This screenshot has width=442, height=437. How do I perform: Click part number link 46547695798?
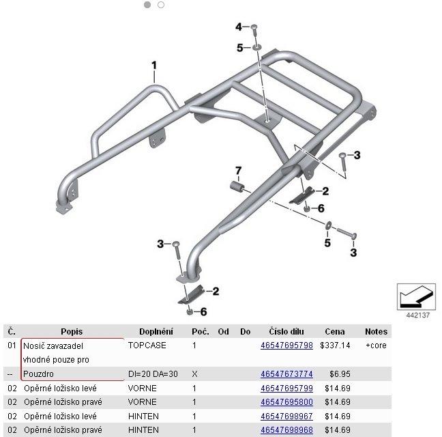[x=286, y=346]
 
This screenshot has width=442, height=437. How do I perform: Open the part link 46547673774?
[x=286, y=374]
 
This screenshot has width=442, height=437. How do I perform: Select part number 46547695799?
[x=286, y=388]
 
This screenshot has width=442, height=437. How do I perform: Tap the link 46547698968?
[x=286, y=430]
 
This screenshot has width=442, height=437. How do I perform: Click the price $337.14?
[x=334, y=346]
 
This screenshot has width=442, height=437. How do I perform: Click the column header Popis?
[x=71, y=332]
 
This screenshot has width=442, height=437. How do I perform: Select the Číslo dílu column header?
[x=286, y=332]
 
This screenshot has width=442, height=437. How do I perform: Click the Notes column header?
[x=376, y=332]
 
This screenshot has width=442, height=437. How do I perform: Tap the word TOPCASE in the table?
[x=147, y=346]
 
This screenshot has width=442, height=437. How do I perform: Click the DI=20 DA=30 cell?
[x=153, y=374]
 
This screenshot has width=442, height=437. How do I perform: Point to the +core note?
[x=376, y=346]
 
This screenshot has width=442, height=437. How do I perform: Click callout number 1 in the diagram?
[x=154, y=66]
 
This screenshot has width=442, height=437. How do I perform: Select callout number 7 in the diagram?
[x=239, y=170]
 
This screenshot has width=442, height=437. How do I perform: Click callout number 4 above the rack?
[x=239, y=27]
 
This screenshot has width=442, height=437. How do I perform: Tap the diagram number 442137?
[x=417, y=315]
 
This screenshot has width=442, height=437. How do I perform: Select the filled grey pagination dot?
[x=147, y=5]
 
